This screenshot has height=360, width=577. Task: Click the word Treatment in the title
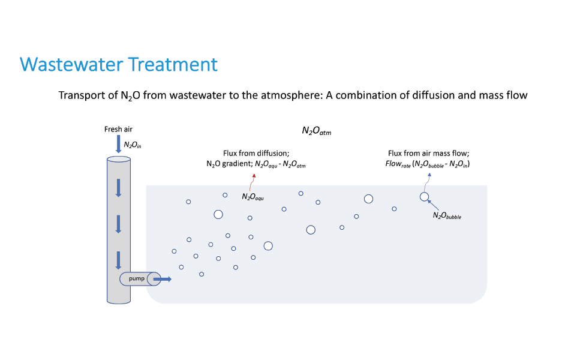click(x=173, y=64)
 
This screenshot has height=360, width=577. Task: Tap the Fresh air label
click(x=118, y=129)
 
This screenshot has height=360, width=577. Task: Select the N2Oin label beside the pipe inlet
click(x=133, y=145)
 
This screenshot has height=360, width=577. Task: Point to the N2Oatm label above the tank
click(x=317, y=130)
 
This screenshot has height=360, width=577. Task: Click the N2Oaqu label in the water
click(x=253, y=197)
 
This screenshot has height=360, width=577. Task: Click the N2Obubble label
click(x=447, y=215)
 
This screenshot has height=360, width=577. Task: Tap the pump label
click(x=136, y=279)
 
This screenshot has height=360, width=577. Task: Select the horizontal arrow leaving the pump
click(x=162, y=279)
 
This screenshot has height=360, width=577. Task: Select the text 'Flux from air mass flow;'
click(x=428, y=153)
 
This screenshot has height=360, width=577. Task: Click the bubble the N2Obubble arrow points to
click(x=424, y=196)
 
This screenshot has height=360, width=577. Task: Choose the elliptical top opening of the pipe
click(x=118, y=160)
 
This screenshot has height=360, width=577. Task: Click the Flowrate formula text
click(x=428, y=164)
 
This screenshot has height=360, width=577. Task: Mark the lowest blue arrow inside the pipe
click(x=118, y=259)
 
